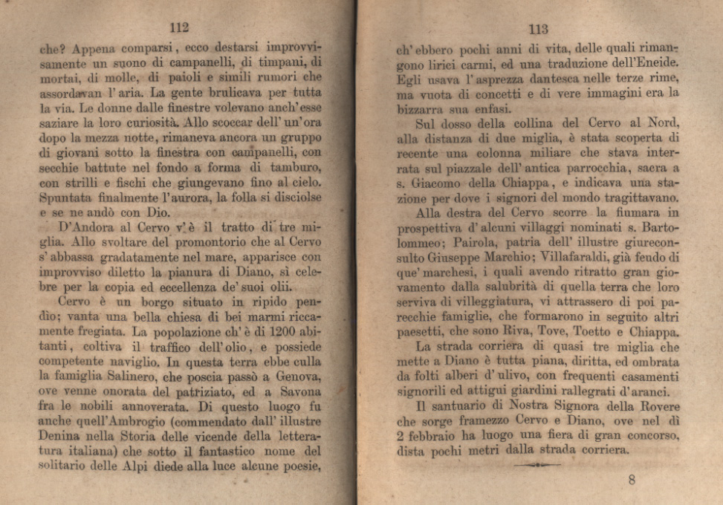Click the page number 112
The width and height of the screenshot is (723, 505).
coord(178,27)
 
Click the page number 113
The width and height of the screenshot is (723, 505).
coord(538,29)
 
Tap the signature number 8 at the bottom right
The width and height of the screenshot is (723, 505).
coord(632,480)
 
